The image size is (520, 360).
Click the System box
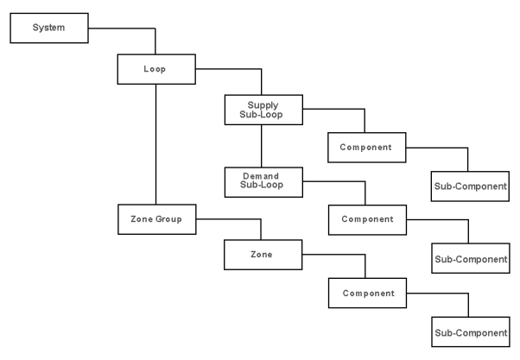click(x=48, y=28)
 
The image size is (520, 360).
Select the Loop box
click(x=155, y=68)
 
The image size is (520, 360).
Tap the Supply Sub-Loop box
click(x=261, y=110)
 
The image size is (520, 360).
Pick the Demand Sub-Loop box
click(x=261, y=181)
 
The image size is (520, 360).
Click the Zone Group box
click(x=155, y=219)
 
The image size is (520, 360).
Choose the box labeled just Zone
click(x=261, y=255)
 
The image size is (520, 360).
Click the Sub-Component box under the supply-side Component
click(x=470, y=185)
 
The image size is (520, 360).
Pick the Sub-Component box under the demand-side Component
click(x=470, y=258)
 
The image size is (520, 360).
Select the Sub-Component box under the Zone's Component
click(x=470, y=332)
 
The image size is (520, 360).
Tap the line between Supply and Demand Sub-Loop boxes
click(x=261, y=146)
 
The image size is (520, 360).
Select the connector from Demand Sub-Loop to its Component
click(x=337, y=181)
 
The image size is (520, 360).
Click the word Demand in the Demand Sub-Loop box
click(x=261, y=176)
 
